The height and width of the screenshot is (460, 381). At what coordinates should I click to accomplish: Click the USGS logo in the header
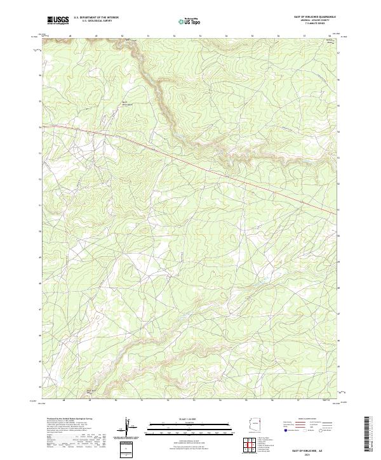pyautogui.click(x=58, y=20)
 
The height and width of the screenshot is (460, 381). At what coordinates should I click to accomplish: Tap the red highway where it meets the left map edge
pyautogui.click(x=44, y=126)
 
